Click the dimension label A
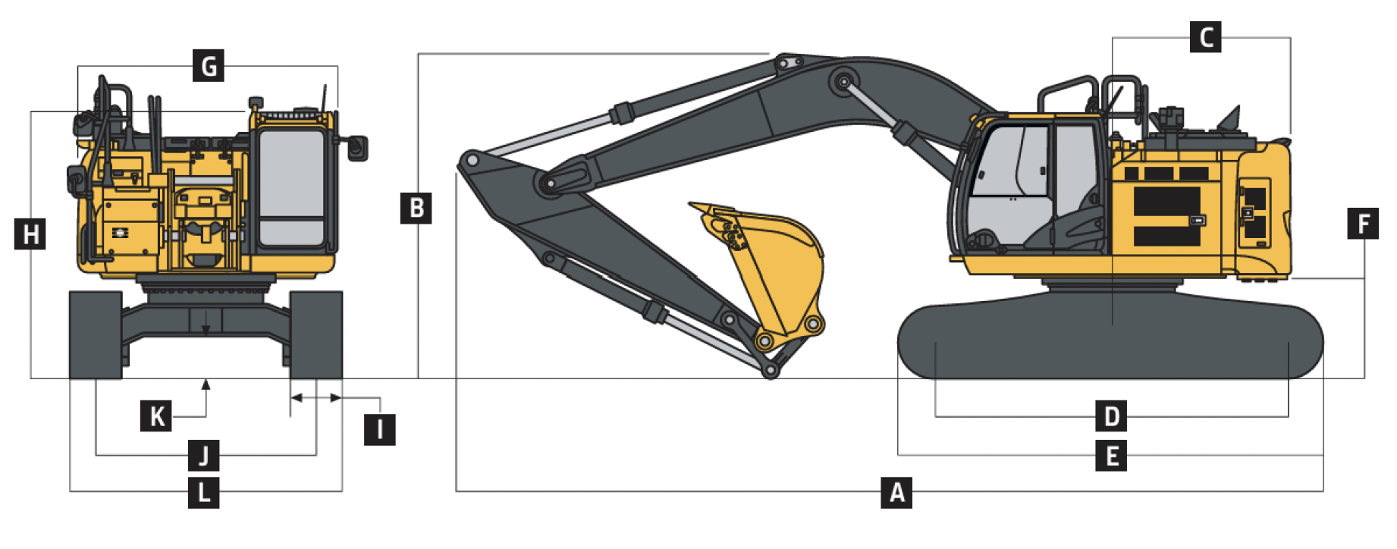click(x=896, y=492)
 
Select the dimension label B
click(x=416, y=208)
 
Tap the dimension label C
click(x=1206, y=36)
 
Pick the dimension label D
click(x=1111, y=416)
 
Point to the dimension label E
click(x=1111, y=456)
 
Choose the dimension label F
click(x=1363, y=223)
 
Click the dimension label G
click(x=209, y=65)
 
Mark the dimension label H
click(x=30, y=234)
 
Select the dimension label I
click(x=380, y=430)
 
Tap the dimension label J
click(x=204, y=455)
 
